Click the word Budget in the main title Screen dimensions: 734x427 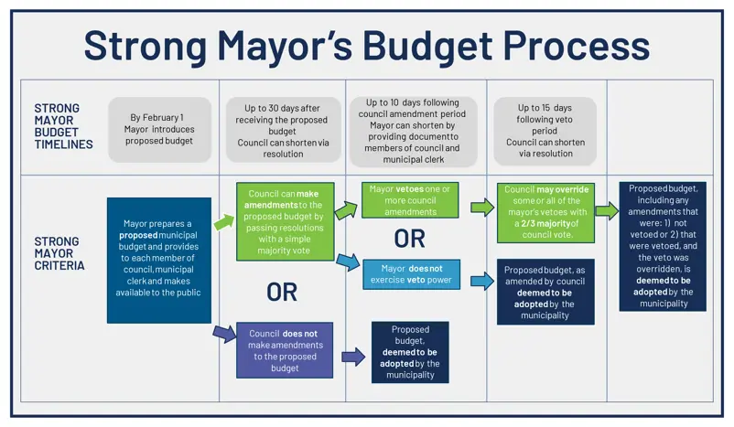coord(426,47)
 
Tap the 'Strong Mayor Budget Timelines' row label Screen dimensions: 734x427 coord(63,126)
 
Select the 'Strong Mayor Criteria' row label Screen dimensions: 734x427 coord(59,253)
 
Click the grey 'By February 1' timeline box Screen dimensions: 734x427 coord(159,130)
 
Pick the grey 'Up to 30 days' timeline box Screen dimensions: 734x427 coord(283,130)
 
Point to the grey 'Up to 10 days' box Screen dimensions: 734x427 coord(413,131)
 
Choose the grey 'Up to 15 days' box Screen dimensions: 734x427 coord(545,131)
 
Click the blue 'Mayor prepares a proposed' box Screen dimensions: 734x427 coord(159,260)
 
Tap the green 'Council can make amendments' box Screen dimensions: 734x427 coord(285,221)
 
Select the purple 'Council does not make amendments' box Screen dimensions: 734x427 coord(285,350)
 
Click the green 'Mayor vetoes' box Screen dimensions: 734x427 coord(410,200)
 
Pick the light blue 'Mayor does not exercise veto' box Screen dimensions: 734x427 coord(411,274)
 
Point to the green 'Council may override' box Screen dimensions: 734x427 coord(545,213)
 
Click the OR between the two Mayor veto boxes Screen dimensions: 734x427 coord(410,239)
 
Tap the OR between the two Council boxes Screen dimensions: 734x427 coord(282,293)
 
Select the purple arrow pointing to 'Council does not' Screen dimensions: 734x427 coord(225,334)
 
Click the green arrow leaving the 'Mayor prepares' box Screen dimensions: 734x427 coord(224,221)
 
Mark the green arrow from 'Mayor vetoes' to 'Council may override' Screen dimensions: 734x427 coord(482,208)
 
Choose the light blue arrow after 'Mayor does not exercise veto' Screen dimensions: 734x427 coord(482,281)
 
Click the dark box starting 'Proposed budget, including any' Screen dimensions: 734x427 coord(663,247)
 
